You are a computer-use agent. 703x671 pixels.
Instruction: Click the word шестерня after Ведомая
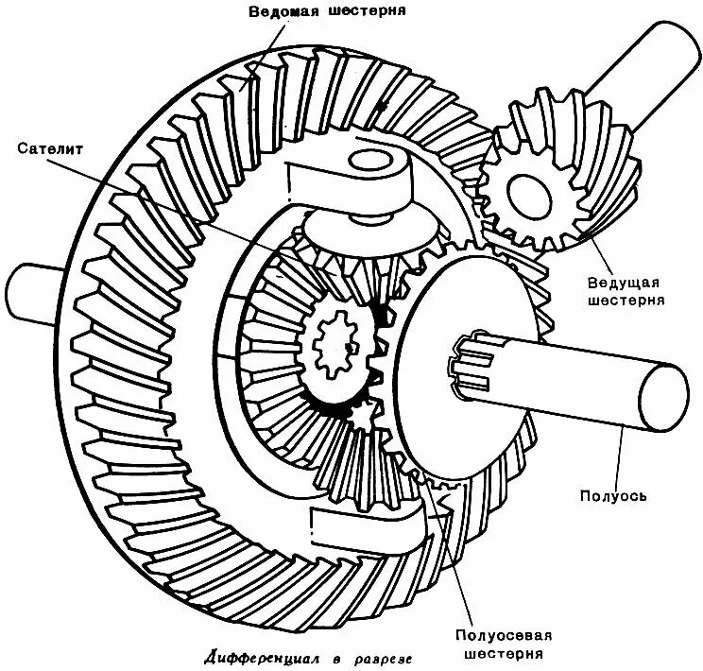click(x=367, y=10)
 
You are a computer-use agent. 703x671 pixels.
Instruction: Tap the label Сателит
click(x=50, y=148)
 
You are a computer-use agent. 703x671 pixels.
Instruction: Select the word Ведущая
click(x=624, y=283)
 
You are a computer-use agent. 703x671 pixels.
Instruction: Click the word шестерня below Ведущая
click(x=626, y=300)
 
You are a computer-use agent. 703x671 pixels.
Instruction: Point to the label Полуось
click(x=613, y=495)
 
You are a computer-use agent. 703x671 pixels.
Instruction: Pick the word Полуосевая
click(x=504, y=636)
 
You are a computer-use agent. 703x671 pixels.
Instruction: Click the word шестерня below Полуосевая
click(x=504, y=653)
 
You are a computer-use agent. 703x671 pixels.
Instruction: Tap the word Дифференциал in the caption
click(x=264, y=659)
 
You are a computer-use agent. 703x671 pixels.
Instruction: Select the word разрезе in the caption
click(x=383, y=660)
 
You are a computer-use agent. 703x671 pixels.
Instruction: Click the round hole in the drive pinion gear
click(x=529, y=195)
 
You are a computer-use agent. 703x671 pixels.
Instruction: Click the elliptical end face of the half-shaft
click(x=663, y=397)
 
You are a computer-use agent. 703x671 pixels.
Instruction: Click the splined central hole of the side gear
click(x=334, y=344)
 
